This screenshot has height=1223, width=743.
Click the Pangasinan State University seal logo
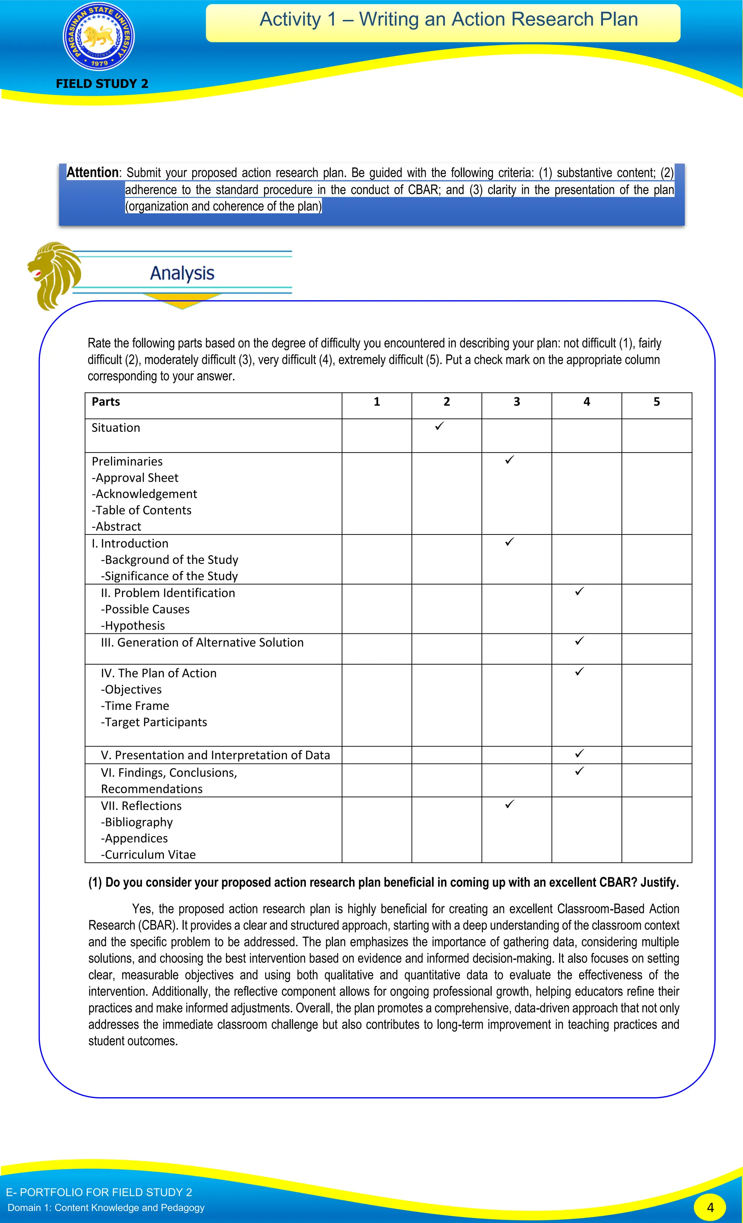point(99,37)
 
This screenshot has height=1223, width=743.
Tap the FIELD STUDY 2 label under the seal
point(102,83)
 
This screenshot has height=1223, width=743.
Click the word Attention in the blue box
point(93,172)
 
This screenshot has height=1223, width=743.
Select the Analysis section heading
point(182,273)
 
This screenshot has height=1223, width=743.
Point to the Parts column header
point(106,401)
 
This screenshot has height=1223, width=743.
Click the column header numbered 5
point(657,401)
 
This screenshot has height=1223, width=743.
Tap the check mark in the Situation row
point(439,426)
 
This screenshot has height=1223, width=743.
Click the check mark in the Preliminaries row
point(509,460)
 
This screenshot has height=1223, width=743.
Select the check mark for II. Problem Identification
point(579,591)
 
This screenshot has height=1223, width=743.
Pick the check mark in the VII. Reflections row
point(509,804)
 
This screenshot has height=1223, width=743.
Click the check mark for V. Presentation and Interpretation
point(579,753)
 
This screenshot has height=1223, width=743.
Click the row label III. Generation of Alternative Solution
point(202,642)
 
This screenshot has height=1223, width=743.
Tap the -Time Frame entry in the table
point(135,706)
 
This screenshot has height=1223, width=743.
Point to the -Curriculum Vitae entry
point(148,854)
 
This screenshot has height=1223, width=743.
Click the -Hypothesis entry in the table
point(133,625)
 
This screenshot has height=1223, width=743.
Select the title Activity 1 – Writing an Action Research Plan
point(448,19)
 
